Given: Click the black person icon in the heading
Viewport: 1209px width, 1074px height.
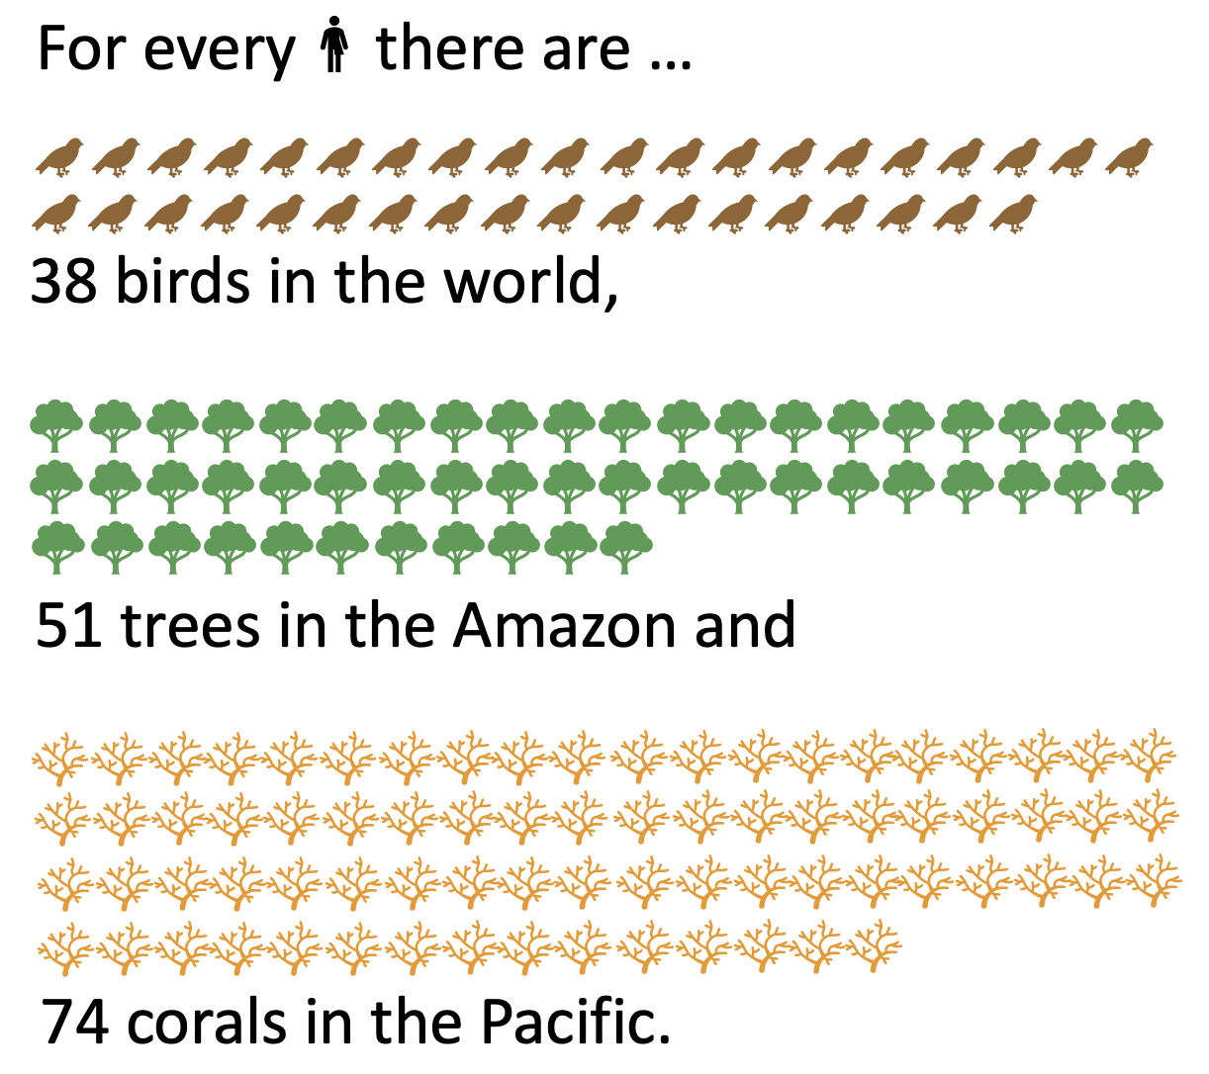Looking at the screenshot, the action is [x=334, y=45].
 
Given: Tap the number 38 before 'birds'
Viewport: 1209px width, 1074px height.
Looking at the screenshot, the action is [x=64, y=281].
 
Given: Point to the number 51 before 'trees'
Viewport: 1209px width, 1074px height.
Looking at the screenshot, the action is [x=68, y=625].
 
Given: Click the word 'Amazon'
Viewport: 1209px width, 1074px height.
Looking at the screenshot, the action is [x=564, y=625].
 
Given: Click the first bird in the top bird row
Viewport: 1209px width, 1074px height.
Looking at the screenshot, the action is [x=59, y=157].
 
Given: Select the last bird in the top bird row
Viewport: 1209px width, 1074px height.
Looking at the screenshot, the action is [x=1129, y=157].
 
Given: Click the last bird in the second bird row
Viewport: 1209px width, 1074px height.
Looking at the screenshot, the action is [x=1013, y=213].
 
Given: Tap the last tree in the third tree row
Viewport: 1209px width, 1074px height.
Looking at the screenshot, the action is [x=625, y=547].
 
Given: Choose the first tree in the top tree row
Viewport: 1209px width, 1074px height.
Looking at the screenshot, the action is [x=56, y=425].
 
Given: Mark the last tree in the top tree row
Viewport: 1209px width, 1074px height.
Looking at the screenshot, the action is [x=1137, y=425].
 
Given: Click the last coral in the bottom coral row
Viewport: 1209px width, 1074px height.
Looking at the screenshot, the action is [x=875, y=945].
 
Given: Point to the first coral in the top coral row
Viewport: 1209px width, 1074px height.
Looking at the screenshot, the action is [x=59, y=758].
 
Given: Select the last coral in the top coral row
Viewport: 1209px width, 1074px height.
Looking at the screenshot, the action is [x=1150, y=756].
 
